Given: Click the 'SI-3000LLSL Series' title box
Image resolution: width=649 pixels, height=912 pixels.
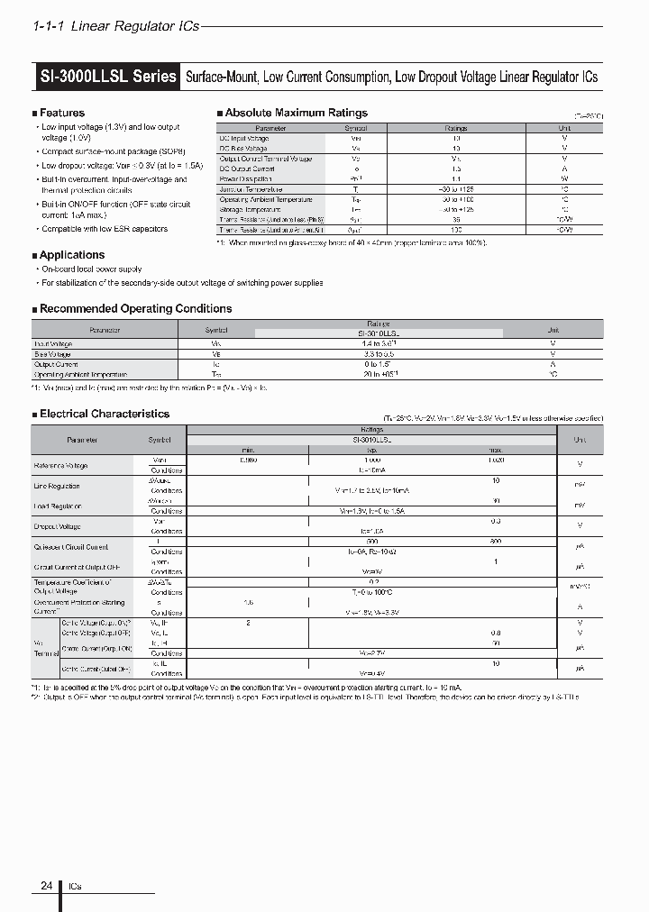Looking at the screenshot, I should (x=106, y=77).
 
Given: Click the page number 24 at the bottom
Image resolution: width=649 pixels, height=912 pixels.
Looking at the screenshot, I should (x=46, y=886).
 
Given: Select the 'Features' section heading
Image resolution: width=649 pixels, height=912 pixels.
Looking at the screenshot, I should (x=62, y=113).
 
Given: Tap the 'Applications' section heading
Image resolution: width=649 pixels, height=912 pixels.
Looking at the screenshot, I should (x=72, y=255).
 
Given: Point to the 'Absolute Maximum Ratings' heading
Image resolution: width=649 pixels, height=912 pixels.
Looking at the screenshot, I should (x=296, y=113).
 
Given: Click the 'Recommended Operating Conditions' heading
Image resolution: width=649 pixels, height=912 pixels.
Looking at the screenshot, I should (x=135, y=308).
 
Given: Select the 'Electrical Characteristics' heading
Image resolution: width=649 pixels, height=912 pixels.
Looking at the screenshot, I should (x=104, y=414).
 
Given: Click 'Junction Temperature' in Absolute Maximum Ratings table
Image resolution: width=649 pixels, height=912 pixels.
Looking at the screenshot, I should (x=252, y=189).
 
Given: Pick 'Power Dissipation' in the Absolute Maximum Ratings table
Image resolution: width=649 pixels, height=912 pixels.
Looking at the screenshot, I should (x=246, y=178).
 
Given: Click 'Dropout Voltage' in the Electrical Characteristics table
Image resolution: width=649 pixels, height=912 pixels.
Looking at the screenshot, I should (x=58, y=526).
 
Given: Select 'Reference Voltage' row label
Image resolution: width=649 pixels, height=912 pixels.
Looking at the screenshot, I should (x=61, y=465).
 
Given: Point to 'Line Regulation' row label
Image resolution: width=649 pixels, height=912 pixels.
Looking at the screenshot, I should (x=58, y=486).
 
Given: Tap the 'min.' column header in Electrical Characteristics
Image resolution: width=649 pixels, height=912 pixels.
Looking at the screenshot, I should (x=248, y=449).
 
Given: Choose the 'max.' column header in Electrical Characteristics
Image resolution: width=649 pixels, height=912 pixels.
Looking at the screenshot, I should (x=496, y=449).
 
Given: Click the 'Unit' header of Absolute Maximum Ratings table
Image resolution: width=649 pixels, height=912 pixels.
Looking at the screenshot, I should (x=565, y=128).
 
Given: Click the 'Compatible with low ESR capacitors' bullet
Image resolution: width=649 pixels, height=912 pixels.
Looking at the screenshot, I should (x=105, y=229).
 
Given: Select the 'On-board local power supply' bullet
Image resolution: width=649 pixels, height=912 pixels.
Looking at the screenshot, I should (x=92, y=269).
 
